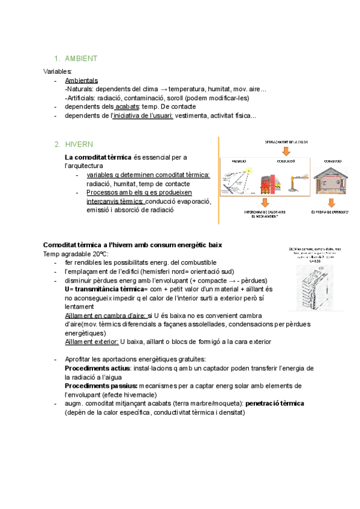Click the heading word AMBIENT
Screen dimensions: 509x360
point(81,59)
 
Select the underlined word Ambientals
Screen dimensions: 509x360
point(81,80)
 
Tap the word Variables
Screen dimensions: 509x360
point(58,71)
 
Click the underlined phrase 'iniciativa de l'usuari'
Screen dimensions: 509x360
point(143,116)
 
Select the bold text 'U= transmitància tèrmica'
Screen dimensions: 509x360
point(98,289)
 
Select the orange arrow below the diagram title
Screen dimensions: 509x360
point(285,149)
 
